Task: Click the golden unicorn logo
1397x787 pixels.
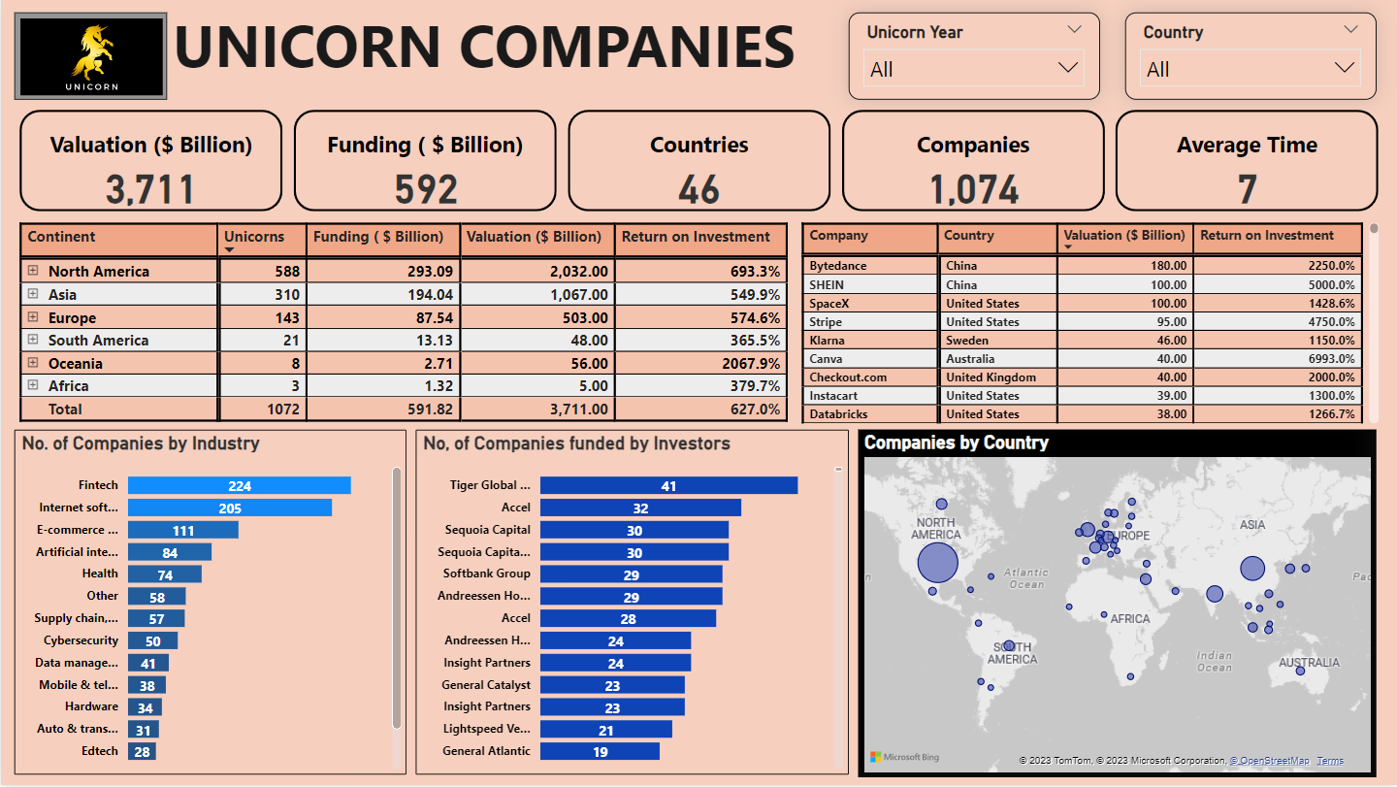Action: tap(91, 55)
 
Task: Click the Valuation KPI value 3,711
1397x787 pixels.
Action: tap(150, 189)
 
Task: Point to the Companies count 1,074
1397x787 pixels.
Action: tap(973, 189)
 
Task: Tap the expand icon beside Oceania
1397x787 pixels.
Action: tap(33, 363)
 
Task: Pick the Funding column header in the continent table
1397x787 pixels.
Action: tap(384, 237)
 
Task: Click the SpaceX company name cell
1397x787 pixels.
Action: tap(833, 304)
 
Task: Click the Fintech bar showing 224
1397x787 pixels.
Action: tap(239, 485)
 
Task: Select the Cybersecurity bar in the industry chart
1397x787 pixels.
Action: tap(152, 641)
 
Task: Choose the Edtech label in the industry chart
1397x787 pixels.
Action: tap(100, 751)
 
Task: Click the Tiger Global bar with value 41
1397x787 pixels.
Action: tap(668, 485)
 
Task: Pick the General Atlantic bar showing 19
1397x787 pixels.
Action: tap(600, 751)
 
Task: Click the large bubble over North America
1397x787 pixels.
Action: tap(937, 562)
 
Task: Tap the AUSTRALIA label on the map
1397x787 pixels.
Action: tap(1309, 663)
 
